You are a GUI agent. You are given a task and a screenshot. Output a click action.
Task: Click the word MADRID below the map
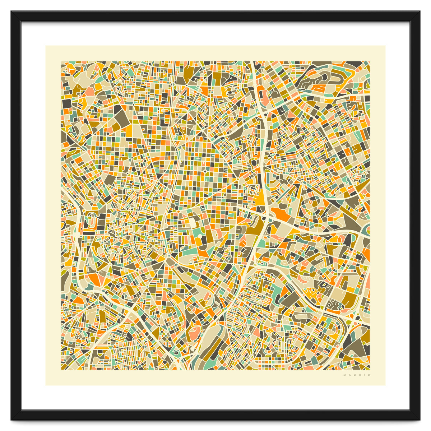(x=357, y=375)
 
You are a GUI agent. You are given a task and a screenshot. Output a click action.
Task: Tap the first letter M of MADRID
(x=344, y=375)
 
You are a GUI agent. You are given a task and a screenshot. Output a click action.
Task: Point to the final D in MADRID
(x=369, y=375)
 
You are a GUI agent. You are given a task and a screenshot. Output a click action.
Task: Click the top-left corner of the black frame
(x=11, y=11)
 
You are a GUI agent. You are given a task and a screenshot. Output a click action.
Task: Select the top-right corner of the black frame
(x=419, y=11)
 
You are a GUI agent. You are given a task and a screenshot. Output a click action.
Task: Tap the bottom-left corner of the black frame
(x=11, y=419)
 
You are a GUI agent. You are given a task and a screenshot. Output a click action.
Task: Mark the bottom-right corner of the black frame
(x=419, y=419)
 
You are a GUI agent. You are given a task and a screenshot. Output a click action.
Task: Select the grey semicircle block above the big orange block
(x=281, y=203)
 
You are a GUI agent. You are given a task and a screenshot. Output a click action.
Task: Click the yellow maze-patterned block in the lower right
(x=311, y=293)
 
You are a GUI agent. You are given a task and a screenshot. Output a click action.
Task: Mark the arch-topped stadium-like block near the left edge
(x=92, y=219)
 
